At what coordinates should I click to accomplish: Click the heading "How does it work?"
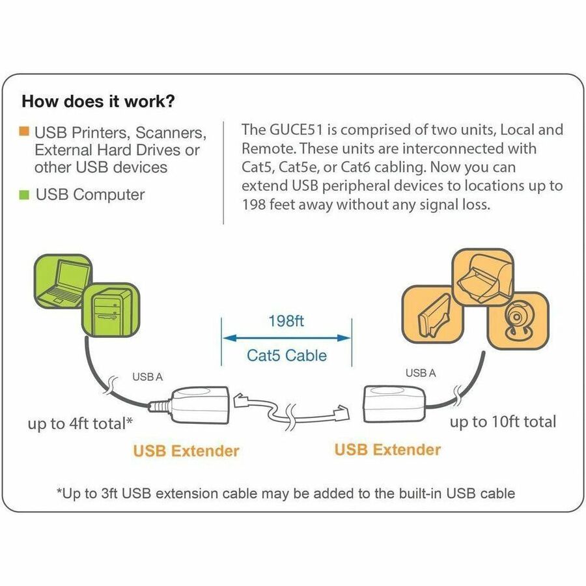pyautogui.click(x=98, y=102)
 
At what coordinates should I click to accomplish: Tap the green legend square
pyautogui.click(x=24, y=194)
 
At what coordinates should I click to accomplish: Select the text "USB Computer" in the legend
pyautogui.click(x=91, y=194)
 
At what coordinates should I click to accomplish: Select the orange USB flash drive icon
pyautogui.click(x=432, y=321)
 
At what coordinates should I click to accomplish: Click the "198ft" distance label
pyautogui.click(x=286, y=320)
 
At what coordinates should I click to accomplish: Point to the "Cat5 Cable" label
pyautogui.click(x=286, y=356)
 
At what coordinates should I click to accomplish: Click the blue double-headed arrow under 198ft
pyautogui.click(x=286, y=337)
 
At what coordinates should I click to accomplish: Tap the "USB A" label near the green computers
pyautogui.click(x=147, y=376)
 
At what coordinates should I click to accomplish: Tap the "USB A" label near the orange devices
pyautogui.click(x=421, y=373)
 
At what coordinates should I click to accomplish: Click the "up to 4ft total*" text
pyautogui.click(x=80, y=423)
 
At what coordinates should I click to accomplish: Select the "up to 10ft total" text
pyautogui.click(x=503, y=422)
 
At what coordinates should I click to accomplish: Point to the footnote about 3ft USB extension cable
pyautogui.click(x=286, y=493)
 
